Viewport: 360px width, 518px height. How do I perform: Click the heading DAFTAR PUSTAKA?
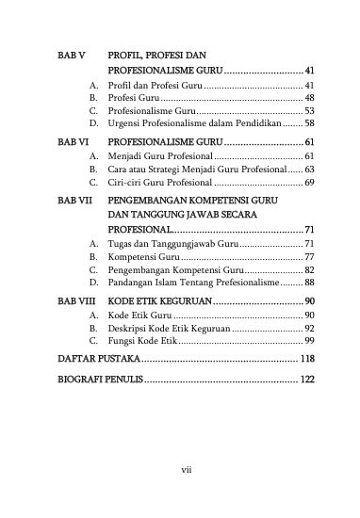tap(98, 360)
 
